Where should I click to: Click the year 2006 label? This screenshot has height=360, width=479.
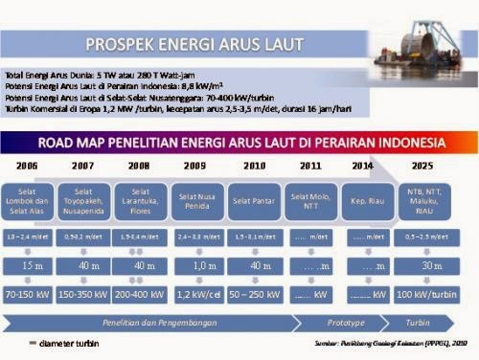tap(27, 166)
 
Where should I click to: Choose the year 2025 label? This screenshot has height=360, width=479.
tap(422, 166)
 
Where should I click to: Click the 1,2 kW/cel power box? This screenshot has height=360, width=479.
tap(198, 294)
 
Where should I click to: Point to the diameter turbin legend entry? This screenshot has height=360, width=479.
tap(67, 342)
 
